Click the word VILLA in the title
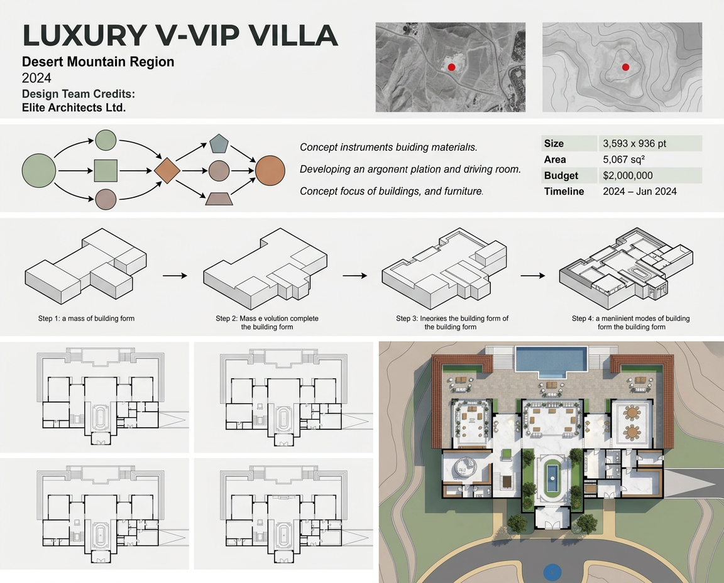tap(293, 36)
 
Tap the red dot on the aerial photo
tap(452, 67)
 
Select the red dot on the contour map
tap(626, 67)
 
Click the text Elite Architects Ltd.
tap(74, 107)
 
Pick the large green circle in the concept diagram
tap(39, 171)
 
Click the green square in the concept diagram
tap(106, 171)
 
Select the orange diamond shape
tap(167, 171)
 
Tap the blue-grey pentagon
tap(219, 144)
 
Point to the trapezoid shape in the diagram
tap(219, 199)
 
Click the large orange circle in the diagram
tap(270, 171)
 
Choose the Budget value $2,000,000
tap(628, 175)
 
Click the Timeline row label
tap(564, 192)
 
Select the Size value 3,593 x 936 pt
tap(634, 144)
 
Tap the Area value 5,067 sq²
tap(624, 160)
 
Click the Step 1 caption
tap(86, 319)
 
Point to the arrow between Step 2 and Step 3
tap(354, 276)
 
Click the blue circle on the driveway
tap(552, 572)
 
